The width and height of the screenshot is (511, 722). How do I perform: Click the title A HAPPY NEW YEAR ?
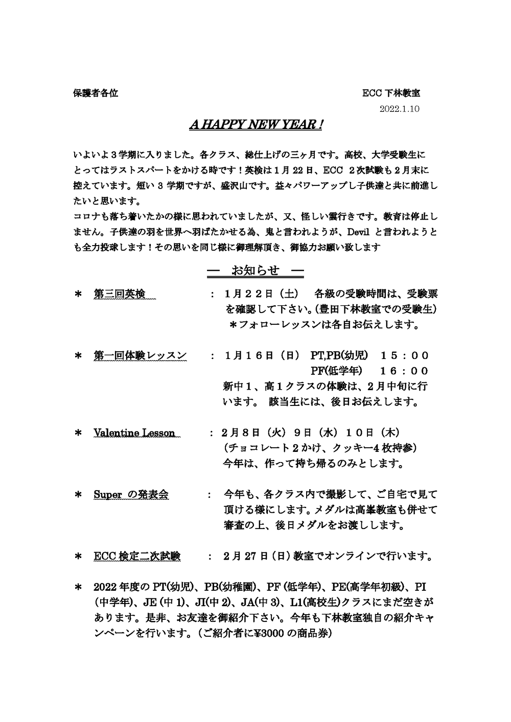[255, 125]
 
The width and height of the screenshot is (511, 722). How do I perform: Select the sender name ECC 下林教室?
[391, 94]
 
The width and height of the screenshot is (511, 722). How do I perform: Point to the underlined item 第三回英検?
[120, 294]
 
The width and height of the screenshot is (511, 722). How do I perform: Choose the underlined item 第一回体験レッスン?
[140, 355]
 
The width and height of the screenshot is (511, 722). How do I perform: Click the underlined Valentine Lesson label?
[134, 433]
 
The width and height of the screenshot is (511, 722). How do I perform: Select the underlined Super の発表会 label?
[131, 494]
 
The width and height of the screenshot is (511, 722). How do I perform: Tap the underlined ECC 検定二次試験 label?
[137, 556]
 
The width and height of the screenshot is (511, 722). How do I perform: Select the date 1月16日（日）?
[261, 355]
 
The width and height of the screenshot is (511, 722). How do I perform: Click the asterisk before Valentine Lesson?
[79, 434]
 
